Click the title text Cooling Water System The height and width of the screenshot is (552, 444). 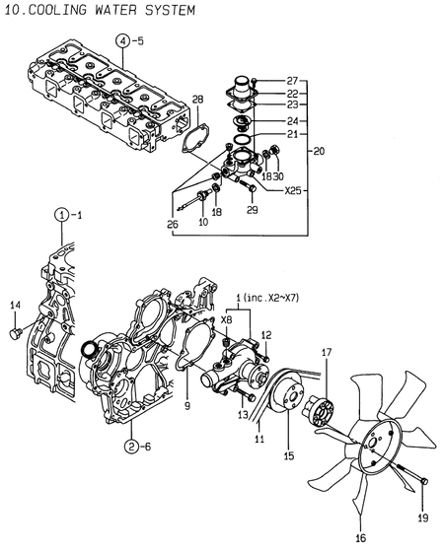98,9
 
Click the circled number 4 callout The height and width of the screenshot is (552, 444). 121,40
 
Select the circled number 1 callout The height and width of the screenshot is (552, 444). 61,214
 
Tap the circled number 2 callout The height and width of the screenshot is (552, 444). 130,447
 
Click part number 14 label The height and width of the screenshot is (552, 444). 15,307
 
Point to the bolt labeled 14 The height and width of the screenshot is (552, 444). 14,335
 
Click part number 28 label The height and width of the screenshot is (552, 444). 197,100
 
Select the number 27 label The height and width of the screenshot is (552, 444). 292,80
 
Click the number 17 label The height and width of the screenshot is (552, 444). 329,352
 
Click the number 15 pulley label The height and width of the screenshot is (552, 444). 289,455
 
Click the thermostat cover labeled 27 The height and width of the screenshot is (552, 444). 242,86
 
